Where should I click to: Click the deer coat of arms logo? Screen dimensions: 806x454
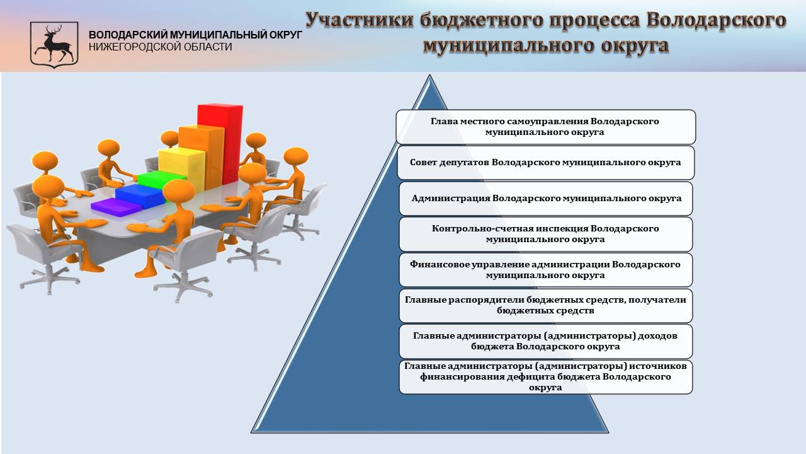[54, 45]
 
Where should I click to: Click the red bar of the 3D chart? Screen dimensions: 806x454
[220, 144]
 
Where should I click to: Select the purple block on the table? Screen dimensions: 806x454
[116, 207]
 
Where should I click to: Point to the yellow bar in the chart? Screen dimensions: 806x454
[182, 168]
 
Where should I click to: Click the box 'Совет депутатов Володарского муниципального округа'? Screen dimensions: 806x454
[545, 163]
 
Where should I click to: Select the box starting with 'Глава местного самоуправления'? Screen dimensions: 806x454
[545, 127]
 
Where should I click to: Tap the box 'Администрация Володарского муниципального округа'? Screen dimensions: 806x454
[545, 199]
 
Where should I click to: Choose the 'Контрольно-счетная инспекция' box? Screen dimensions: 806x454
[545, 234]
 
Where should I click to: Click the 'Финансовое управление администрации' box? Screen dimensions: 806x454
[545, 270]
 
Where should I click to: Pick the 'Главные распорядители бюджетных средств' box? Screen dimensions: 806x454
[545, 306]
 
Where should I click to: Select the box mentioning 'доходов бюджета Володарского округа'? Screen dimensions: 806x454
[545, 341]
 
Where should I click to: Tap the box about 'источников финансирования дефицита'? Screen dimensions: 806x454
[545, 377]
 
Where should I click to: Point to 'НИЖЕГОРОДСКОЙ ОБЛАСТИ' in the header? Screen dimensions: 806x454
[160, 47]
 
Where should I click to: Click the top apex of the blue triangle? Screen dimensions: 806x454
[429, 75]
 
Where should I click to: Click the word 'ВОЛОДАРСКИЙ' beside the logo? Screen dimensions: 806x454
[128, 35]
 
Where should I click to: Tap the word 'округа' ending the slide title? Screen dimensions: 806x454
[635, 46]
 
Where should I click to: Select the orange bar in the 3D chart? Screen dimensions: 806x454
[201, 157]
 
